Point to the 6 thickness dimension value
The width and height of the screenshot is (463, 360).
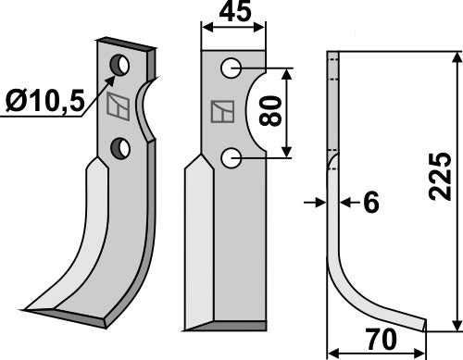371,202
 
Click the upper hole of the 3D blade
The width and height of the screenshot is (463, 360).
119,66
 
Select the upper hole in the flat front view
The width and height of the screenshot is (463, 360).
231,68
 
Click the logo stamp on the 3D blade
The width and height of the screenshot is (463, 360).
118,106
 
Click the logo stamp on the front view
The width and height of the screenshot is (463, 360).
222,113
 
